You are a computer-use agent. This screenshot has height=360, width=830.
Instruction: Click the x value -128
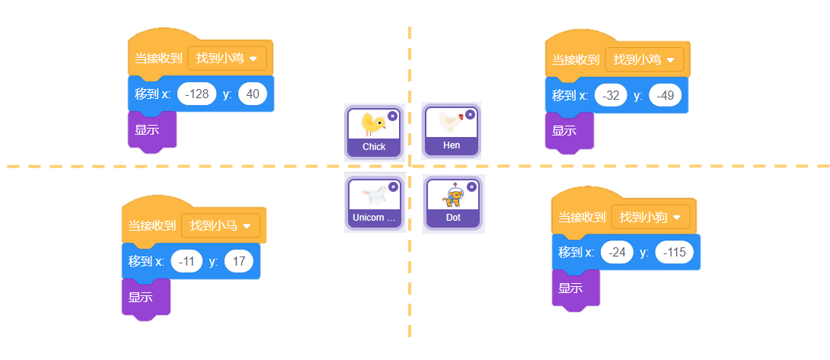196,94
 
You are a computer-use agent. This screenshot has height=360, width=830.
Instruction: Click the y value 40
253,94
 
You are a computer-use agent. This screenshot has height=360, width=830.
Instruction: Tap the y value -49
665,96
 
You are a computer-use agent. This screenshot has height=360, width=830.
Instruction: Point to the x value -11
187,262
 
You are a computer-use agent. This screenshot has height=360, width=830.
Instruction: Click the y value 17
238,262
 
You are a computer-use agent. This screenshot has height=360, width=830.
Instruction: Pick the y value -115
674,252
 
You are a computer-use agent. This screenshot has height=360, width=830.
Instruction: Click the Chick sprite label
374,147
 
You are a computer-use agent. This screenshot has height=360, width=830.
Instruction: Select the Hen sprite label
452,145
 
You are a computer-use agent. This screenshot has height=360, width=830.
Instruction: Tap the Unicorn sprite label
374,218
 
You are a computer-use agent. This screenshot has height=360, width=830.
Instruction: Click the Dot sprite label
453,218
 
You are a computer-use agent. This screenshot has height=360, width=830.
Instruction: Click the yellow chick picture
373,123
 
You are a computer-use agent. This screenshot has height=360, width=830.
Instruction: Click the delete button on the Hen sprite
470,114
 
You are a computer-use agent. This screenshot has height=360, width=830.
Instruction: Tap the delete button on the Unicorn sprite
393,186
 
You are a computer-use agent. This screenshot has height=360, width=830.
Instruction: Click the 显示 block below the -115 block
571,288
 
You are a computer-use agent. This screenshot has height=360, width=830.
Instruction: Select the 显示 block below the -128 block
147,129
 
